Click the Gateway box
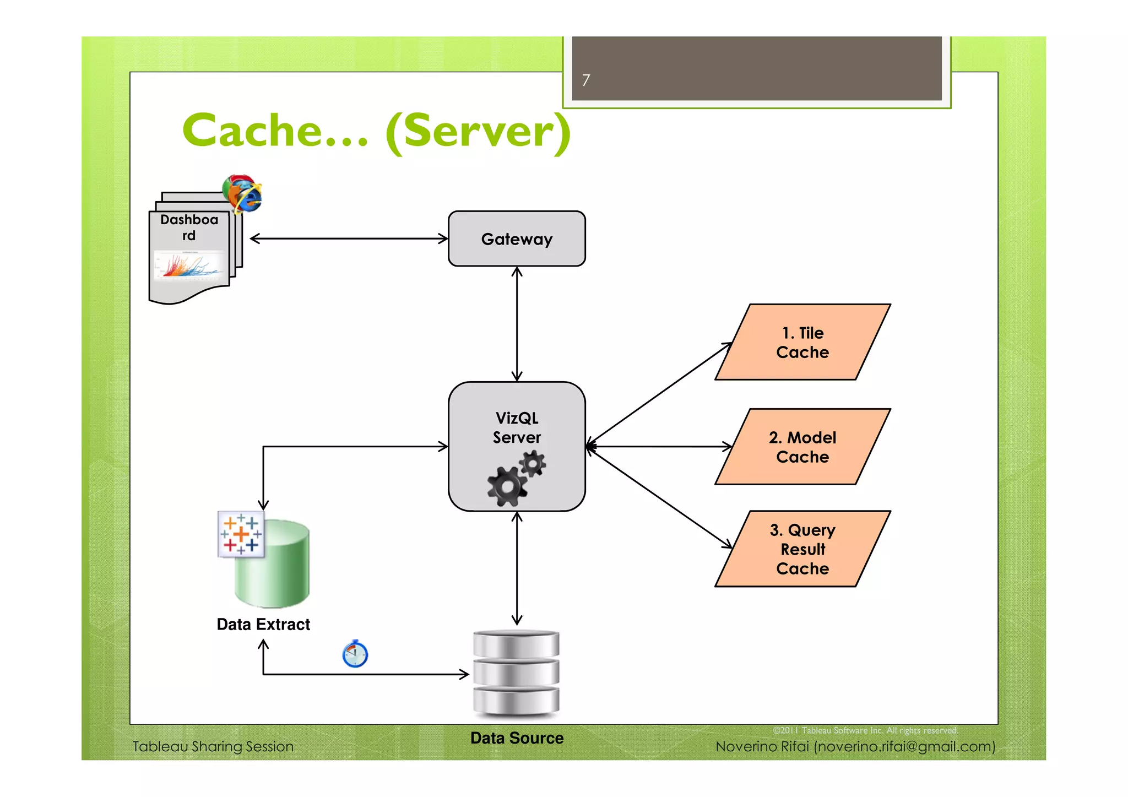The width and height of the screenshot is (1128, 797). [516, 238]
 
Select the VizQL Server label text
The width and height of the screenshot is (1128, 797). [516, 427]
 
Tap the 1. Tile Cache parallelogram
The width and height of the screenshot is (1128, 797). [802, 342]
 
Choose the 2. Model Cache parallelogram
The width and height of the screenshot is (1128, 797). [802, 447]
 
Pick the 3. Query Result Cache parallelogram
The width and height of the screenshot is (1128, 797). [802, 549]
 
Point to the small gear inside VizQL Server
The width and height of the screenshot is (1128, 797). [533, 464]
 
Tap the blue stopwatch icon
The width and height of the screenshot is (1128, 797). [355, 654]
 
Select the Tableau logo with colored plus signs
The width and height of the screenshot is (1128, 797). [241, 534]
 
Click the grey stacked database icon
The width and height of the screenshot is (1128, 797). [516, 673]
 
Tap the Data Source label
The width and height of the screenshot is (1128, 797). [516, 738]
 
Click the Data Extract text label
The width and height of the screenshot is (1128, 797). [263, 624]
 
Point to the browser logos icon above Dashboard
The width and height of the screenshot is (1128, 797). [242, 193]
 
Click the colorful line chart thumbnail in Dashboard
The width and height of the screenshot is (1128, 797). [189, 265]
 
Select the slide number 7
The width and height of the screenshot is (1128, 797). [586, 80]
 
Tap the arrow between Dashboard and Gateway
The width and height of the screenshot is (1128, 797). [349, 238]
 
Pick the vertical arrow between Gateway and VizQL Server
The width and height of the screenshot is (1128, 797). [517, 324]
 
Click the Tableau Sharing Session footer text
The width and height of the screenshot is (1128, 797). [213, 746]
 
